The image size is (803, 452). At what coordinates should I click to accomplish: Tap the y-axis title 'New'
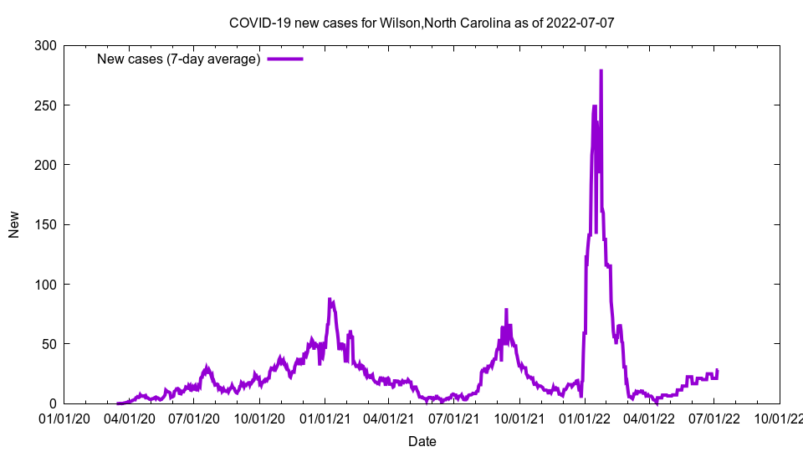tap(14, 224)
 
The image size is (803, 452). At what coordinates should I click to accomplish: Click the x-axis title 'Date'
tap(422, 440)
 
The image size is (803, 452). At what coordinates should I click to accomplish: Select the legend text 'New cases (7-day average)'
tap(179, 59)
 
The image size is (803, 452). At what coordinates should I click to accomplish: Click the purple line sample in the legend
tap(284, 59)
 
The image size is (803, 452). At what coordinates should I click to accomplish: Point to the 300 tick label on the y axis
tap(46, 46)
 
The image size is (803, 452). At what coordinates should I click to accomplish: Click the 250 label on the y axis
tap(46, 105)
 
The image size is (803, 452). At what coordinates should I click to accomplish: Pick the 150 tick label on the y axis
tap(46, 224)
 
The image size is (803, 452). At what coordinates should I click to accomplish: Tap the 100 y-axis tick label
tap(46, 285)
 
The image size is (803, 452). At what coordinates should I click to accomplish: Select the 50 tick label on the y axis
tap(49, 344)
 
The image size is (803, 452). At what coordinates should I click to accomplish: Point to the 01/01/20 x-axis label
tap(64, 419)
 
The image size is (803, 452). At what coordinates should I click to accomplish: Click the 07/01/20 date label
tap(194, 419)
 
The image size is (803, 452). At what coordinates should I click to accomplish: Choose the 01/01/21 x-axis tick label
tap(325, 419)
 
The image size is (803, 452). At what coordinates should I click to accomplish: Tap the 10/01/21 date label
tap(519, 419)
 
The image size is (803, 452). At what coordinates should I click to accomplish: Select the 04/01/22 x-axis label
tap(648, 419)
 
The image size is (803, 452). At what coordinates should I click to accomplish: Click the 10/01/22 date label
tap(779, 419)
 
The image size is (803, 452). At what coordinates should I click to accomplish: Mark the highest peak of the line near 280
tap(601, 71)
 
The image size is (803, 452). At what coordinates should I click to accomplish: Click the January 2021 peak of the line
tap(330, 300)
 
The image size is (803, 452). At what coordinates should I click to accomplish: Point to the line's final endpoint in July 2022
tap(717, 370)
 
